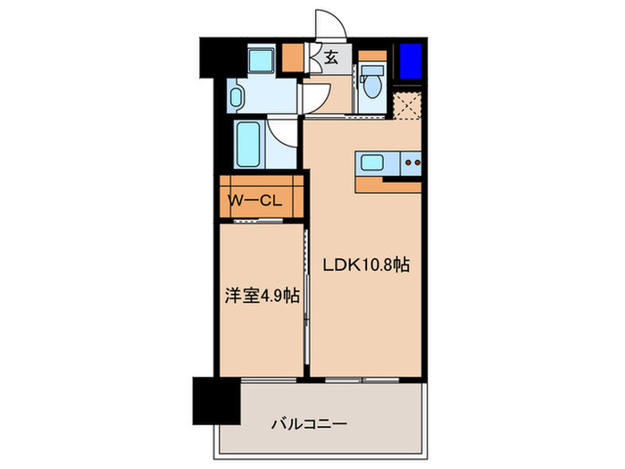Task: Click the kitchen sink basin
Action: point(371,163)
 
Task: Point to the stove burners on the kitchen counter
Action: point(412,163)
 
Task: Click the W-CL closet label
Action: point(256,202)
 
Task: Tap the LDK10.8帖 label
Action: point(366,265)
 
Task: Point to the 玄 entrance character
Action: point(330,59)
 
